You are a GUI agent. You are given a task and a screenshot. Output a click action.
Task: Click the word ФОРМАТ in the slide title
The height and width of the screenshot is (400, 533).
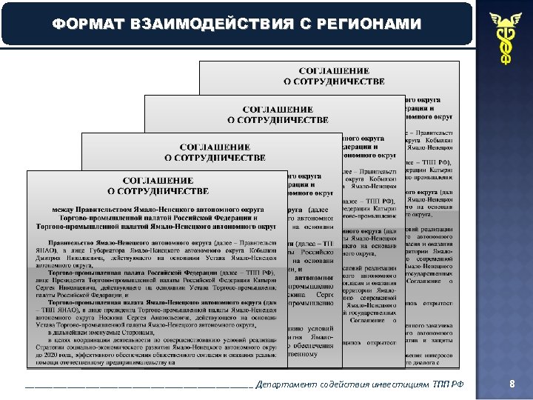pyautogui.click(x=87, y=24)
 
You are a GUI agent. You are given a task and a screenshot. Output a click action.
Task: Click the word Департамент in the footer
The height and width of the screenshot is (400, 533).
pyautogui.click(x=285, y=384)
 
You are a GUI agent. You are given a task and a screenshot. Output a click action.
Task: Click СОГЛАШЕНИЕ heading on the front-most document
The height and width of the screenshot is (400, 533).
pyautogui.click(x=158, y=180)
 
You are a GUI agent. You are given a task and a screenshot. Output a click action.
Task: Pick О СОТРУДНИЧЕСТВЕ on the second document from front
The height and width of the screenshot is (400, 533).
pyautogui.click(x=215, y=157)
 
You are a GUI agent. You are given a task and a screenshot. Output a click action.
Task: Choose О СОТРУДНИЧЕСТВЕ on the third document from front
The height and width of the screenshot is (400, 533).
pyautogui.click(x=278, y=119)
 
